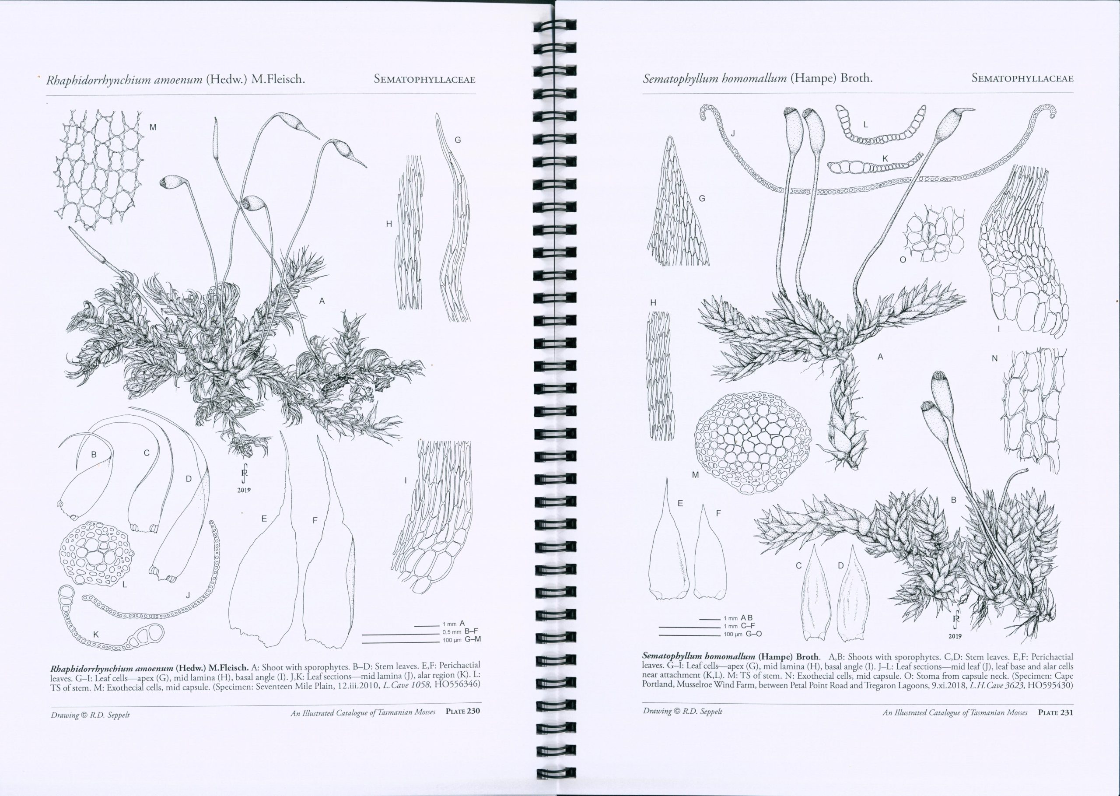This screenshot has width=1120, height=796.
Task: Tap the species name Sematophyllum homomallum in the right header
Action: point(715,78)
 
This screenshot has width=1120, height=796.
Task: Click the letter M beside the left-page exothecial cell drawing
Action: point(153,127)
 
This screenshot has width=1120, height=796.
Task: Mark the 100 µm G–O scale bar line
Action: point(690,636)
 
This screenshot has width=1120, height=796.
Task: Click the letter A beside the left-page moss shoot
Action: point(322,302)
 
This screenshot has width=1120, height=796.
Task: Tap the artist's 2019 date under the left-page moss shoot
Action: point(244,490)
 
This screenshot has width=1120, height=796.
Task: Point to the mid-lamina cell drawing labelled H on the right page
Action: point(661,375)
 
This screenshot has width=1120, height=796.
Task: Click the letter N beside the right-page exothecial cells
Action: point(994,359)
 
